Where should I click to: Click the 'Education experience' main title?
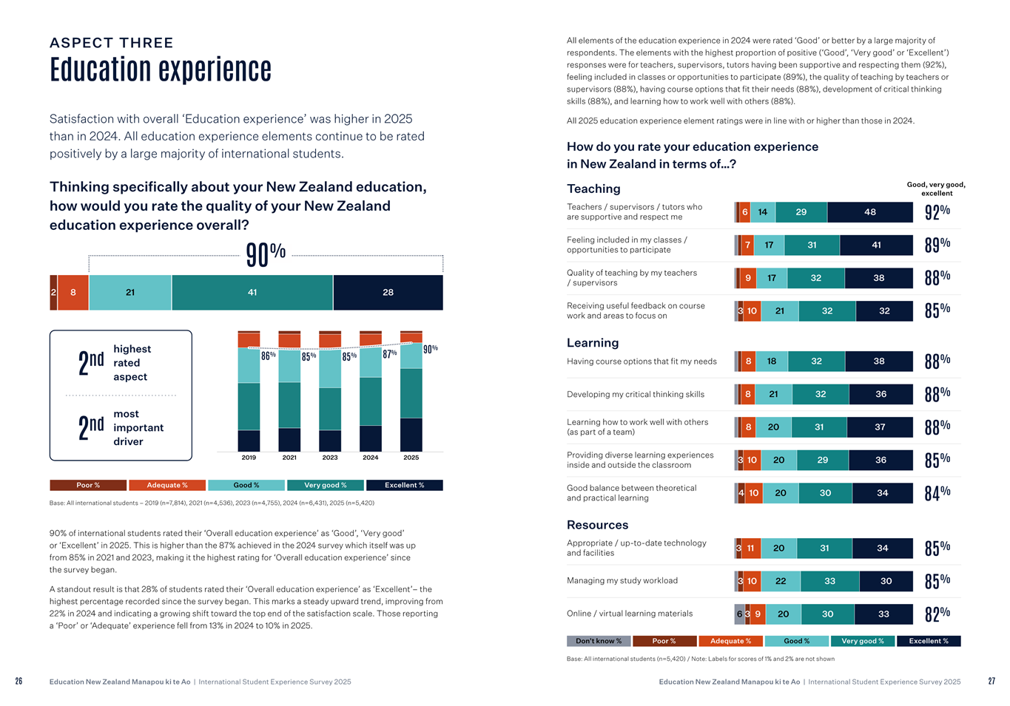point(161,70)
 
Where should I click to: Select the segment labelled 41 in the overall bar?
point(252,293)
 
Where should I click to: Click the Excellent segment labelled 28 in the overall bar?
point(388,293)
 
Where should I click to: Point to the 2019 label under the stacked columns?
point(249,458)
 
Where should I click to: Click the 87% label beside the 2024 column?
point(390,354)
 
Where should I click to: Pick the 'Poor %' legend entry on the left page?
point(88,486)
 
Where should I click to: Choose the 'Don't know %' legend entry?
point(599,641)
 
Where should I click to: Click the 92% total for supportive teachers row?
point(937,212)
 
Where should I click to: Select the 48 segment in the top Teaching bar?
point(870,212)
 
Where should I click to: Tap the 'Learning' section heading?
point(593,343)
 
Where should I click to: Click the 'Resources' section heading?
point(597,525)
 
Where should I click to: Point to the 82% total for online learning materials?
point(937,614)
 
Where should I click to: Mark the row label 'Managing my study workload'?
point(622,581)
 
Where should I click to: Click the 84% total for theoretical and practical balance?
point(937,493)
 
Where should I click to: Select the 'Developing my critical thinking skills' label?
point(636,395)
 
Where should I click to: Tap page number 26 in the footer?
point(18,682)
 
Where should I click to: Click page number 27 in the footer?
point(992,682)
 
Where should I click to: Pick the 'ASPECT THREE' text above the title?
point(112,43)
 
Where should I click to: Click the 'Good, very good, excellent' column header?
point(936,189)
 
